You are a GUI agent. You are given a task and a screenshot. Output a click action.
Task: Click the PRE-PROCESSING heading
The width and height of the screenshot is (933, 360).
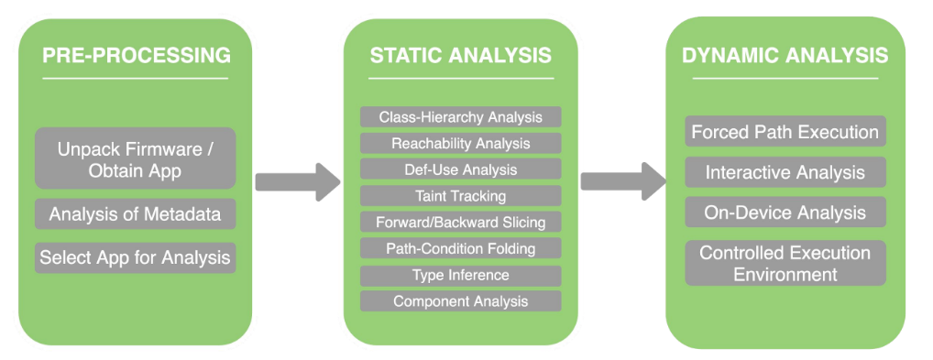(x=137, y=55)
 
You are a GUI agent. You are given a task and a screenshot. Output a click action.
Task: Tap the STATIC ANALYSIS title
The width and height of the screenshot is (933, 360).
(x=461, y=55)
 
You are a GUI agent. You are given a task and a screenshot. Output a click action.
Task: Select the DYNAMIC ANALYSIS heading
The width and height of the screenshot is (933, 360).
(x=785, y=55)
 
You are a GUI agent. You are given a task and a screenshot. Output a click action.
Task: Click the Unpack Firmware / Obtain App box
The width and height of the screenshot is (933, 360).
(x=135, y=158)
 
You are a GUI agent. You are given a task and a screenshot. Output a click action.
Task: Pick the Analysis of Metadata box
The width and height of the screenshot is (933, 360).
(x=135, y=214)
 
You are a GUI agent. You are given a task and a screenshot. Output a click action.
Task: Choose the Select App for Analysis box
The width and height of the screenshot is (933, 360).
(x=135, y=257)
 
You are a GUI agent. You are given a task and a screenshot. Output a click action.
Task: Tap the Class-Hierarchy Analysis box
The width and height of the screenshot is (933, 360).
(x=461, y=116)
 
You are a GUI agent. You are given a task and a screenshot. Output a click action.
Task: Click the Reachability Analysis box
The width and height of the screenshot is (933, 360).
(x=461, y=144)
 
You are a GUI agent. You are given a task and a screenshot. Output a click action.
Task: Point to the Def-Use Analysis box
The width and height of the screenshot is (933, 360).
(x=461, y=169)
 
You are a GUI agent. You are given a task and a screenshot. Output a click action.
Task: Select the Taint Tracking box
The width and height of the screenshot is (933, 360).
(x=461, y=196)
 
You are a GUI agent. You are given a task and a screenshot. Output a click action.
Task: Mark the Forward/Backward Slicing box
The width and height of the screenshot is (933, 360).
(x=461, y=222)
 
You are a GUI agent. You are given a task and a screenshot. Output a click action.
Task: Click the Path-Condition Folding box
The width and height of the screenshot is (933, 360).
(x=461, y=248)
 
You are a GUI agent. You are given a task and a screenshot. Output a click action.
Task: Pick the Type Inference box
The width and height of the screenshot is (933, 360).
(x=461, y=276)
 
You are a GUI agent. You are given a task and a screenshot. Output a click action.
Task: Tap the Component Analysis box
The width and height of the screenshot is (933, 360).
(x=461, y=301)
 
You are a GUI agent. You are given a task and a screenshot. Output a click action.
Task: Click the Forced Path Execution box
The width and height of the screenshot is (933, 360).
(x=785, y=131)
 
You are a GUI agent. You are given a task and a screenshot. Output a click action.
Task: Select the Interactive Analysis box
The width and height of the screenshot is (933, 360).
(x=785, y=172)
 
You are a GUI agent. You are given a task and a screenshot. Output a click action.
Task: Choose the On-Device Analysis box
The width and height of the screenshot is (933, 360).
(x=785, y=213)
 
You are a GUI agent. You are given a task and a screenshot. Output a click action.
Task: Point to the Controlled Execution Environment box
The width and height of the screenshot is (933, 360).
(x=785, y=263)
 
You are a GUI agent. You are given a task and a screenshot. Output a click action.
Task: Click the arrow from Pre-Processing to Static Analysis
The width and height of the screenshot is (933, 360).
(x=298, y=182)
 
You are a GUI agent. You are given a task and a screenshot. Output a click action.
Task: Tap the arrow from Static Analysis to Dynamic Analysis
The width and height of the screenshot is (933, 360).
(x=623, y=181)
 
